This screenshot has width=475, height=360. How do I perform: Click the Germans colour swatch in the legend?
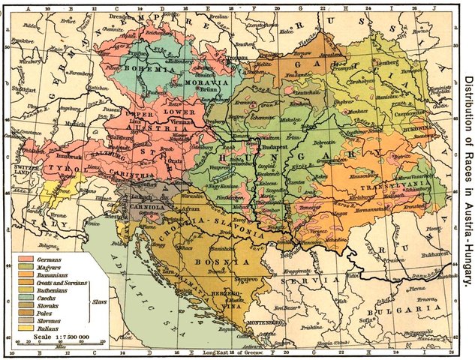pyautogui.click(x=26, y=259)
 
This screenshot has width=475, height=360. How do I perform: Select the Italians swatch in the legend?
pyautogui.click(x=26, y=327)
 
